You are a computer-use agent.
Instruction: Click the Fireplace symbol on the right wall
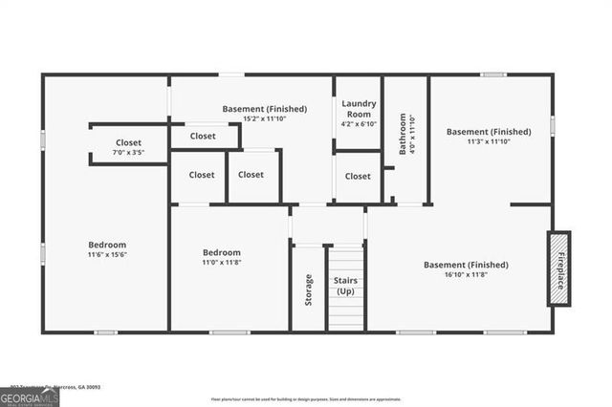pos(558,268)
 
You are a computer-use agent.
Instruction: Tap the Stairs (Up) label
pos(345,285)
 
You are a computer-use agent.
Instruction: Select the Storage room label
pos(308,289)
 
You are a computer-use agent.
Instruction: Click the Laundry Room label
pos(359,108)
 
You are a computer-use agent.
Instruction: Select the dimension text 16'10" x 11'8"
pos(463,274)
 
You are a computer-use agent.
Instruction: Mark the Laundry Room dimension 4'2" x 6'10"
pos(359,124)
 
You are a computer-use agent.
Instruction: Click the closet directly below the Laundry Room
pos(358,176)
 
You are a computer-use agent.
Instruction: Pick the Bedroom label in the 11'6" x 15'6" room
pos(107,245)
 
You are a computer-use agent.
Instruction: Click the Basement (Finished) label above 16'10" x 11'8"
pos(464,264)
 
